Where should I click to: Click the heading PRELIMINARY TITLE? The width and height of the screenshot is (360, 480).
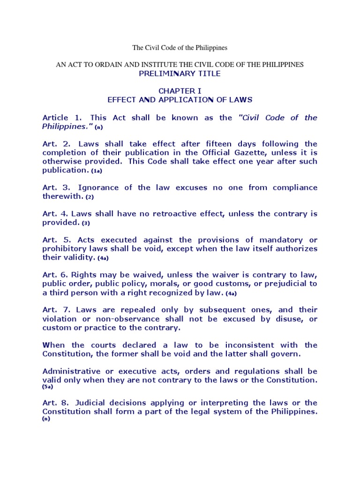180,74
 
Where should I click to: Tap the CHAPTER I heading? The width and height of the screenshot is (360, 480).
180,90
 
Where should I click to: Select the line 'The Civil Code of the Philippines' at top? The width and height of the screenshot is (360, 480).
180,47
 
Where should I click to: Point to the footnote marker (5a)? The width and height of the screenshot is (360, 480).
48,387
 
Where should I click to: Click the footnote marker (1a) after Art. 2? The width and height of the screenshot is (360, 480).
97,171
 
